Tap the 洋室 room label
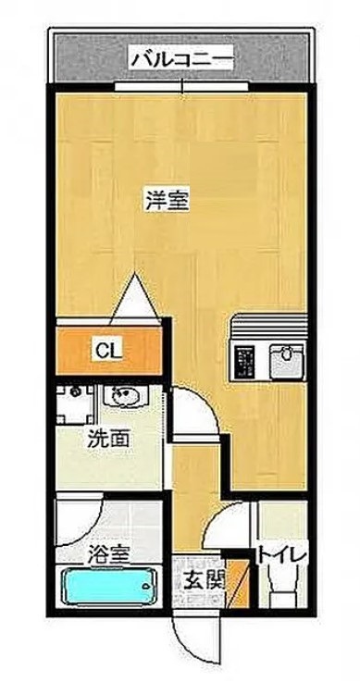click(168, 200)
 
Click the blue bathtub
click(109, 588)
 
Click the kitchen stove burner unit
click(247, 361)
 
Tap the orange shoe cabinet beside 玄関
click(238, 584)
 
